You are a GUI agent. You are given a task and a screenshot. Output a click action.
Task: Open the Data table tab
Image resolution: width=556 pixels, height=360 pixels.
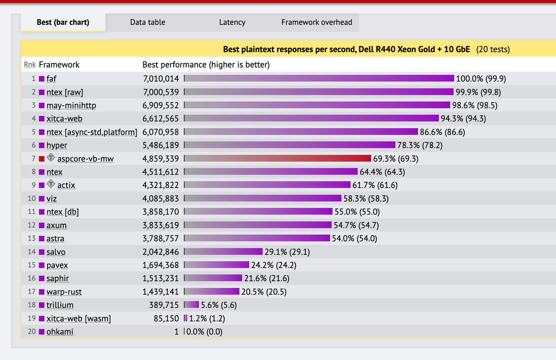(147, 22)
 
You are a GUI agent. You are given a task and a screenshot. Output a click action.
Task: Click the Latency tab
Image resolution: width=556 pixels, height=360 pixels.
(232, 22)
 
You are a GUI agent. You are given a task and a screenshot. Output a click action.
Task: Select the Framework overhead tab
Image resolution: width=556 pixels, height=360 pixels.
(316, 22)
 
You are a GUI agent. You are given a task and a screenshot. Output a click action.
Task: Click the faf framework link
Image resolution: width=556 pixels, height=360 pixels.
(51, 78)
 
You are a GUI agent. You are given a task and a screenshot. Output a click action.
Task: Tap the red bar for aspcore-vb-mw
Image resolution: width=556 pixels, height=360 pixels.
(278, 159)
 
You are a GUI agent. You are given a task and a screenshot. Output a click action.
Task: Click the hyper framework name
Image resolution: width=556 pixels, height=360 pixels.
(57, 145)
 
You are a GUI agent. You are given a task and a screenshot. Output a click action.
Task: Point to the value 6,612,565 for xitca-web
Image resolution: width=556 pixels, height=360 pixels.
(160, 119)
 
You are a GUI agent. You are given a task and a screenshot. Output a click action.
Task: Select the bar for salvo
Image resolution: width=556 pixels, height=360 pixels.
(224, 252)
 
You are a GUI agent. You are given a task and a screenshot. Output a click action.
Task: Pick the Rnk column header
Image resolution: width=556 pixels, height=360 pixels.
(30, 65)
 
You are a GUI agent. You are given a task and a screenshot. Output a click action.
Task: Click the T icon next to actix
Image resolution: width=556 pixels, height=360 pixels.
(51, 185)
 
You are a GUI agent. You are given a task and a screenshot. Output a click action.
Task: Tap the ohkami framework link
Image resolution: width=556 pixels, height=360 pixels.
(60, 332)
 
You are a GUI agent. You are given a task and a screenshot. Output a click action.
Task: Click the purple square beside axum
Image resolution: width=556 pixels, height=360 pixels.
(41, 226)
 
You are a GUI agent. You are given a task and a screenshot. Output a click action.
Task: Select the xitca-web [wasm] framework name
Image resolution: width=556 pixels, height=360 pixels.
(78, 318)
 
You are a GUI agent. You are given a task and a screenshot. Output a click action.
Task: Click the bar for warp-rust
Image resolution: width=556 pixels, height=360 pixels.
(212, 292)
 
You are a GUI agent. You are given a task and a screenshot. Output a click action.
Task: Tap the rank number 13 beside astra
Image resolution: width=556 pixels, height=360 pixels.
(32, 239)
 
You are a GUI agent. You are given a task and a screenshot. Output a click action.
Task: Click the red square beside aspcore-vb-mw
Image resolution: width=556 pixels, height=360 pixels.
(41, 159)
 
